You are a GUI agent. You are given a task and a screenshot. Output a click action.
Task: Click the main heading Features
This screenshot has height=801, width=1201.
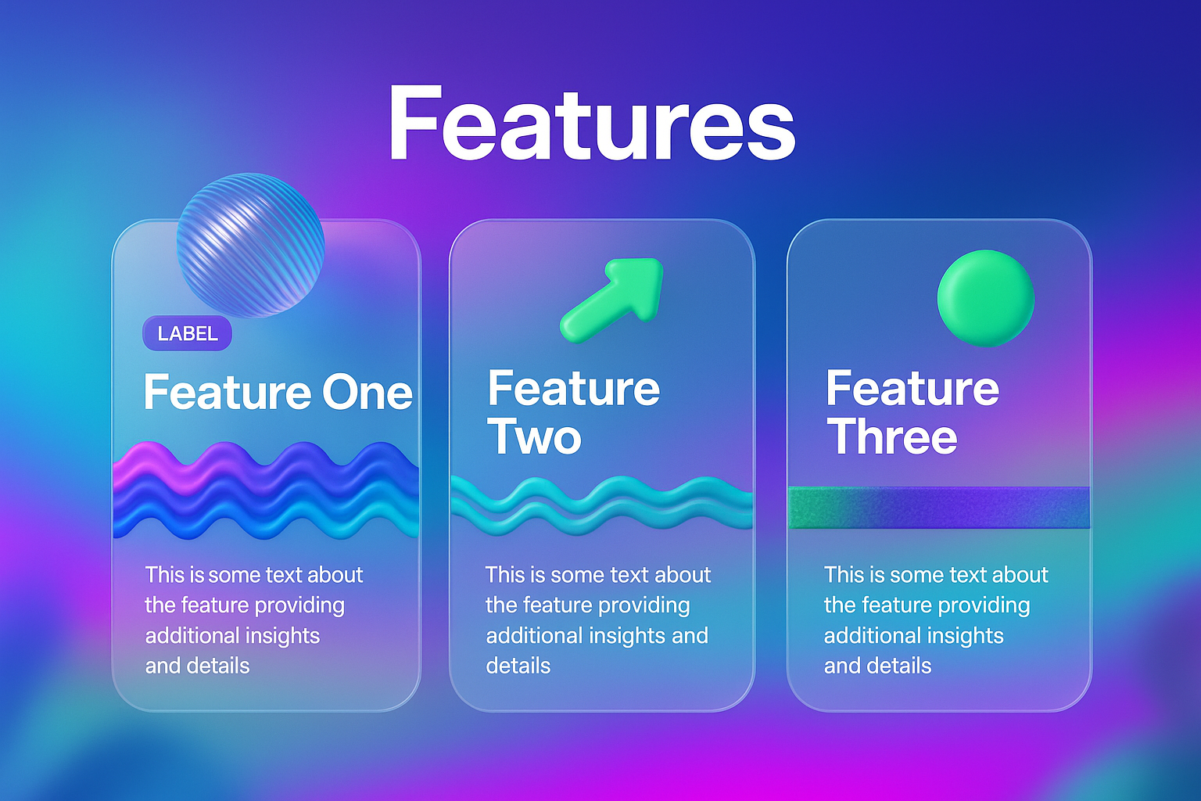click(x=591, y=123)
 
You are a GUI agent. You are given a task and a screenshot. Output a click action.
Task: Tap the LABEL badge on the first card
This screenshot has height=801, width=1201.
click(x=187, y=333)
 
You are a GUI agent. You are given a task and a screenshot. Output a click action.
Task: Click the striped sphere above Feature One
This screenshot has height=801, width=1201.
click(x=250, y=245)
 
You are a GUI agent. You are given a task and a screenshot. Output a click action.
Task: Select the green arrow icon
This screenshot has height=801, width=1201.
click(x=611, y=300)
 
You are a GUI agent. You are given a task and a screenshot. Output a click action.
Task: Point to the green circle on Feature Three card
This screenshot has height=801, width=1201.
click(x=985, y=298)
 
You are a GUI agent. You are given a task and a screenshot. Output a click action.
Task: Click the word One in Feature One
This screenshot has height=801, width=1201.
click(x=367, y=392)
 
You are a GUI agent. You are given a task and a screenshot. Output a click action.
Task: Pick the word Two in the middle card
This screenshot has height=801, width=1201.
click(x=535, y=436)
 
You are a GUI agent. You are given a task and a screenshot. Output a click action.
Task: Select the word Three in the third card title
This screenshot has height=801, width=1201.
click(x=891, y=436)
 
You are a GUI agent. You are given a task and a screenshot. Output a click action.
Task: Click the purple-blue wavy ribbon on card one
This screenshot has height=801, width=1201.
click(x=266, y=490)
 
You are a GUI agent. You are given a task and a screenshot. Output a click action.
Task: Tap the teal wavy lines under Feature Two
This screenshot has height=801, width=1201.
click(x=601, y=505)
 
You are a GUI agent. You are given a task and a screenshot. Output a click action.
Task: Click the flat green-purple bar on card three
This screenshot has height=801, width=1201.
click(x=939, y=508)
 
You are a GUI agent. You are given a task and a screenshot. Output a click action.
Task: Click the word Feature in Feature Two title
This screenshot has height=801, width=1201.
click(x=574, y=388)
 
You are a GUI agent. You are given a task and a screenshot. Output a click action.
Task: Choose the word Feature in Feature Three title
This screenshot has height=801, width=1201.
click(x=912, y=388)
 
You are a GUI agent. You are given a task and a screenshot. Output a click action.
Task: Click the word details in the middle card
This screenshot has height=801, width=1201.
click(x=518, y=666)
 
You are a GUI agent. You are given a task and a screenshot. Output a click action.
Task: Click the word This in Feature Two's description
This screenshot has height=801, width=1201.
click(x=505, y=575)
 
